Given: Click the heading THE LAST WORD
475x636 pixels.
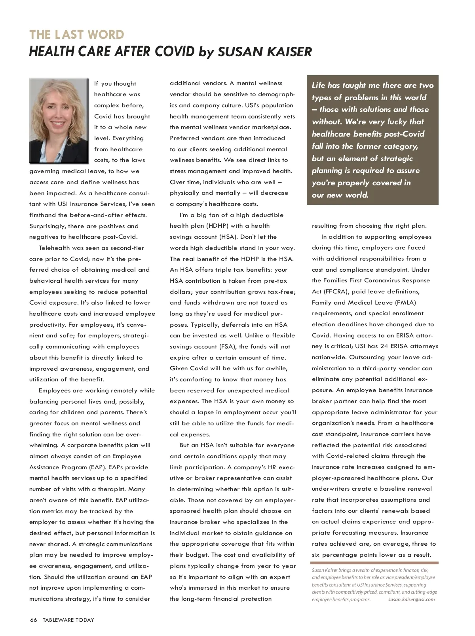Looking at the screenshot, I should (x=77, y=35).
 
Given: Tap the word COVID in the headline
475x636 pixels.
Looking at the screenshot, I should (x=174, y=51).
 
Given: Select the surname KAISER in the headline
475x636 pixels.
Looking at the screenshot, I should (x=288, y=51).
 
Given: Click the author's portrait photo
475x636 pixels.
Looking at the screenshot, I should (x=59, y=120).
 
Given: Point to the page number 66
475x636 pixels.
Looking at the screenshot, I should (x=33, y=620).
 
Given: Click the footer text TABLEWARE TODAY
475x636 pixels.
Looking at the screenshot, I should (x=68, y=620).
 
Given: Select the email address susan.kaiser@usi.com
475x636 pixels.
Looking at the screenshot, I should (x=411, y=599).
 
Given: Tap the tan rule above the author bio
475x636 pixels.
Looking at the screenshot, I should (x=374, y=563).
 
